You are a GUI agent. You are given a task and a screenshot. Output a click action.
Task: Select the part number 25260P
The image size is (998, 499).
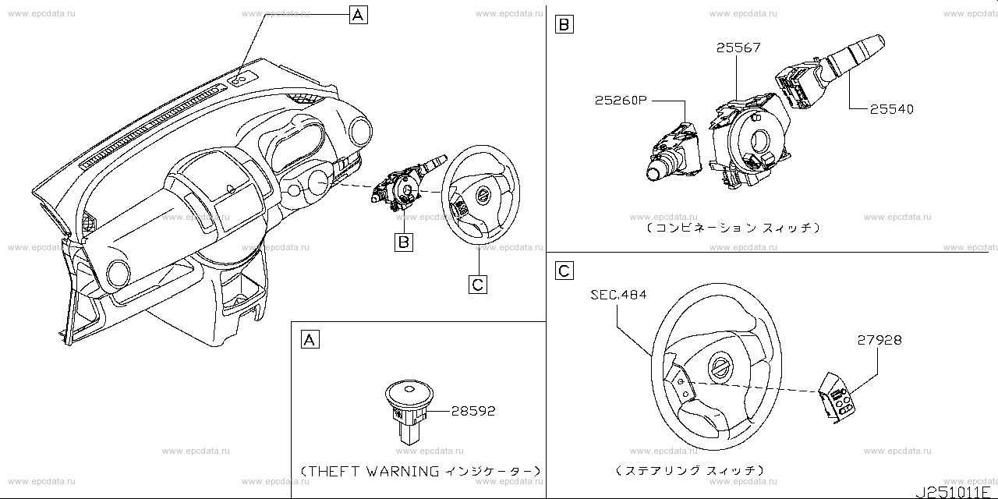click(621, 101)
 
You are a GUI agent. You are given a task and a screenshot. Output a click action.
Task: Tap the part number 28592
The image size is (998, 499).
click(473, 411)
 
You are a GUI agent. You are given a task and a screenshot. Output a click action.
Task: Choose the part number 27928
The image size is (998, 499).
click(879, 341)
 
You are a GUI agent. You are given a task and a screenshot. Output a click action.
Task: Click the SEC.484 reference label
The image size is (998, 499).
click(618, 295)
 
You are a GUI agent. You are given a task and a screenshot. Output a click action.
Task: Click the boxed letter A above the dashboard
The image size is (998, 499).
click(358, 14)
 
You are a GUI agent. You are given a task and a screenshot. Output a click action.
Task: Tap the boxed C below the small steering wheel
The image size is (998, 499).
click(478, 284)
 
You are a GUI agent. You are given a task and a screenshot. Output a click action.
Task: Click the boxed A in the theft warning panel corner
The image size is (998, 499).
click(310, 339)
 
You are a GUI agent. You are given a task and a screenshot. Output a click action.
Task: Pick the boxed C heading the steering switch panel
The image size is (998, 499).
click(564, 271)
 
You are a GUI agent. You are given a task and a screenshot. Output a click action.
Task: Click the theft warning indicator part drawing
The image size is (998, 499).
click(408, 409)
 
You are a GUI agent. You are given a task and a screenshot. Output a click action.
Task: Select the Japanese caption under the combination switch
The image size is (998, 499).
click(733, 228)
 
